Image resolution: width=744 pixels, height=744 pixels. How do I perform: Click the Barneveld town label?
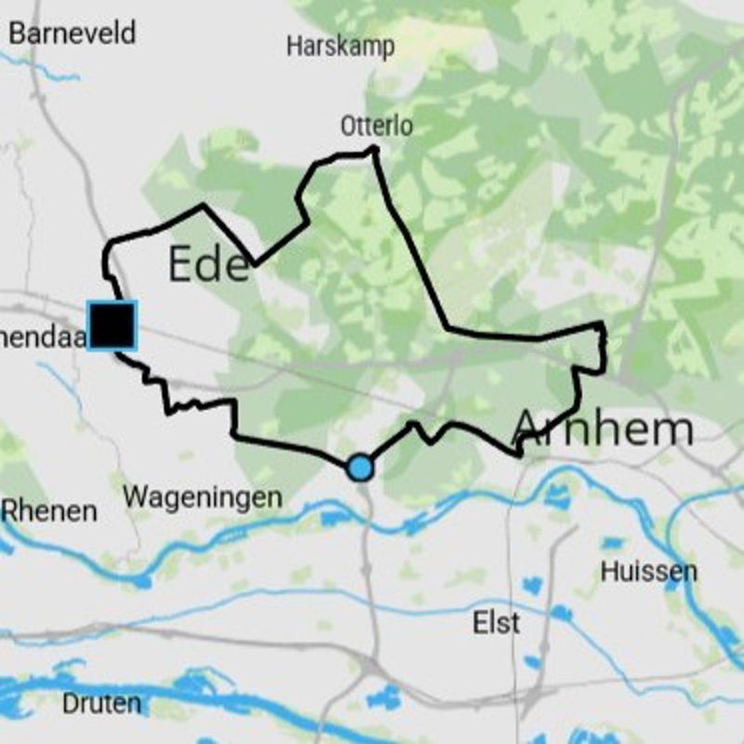coord(73,33)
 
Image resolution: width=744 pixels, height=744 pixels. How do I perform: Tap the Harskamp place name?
coord(340,46)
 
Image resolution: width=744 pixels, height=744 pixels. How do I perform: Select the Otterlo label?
coord(376,126)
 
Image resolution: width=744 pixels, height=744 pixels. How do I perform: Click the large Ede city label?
coord(208,265)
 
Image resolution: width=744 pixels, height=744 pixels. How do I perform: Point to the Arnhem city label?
coord(603,429)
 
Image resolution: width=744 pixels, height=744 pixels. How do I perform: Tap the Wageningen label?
coord(203,498)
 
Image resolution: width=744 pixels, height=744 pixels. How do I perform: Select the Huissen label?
coord(648,571)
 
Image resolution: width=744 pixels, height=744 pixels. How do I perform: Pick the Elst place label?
coord(496,623)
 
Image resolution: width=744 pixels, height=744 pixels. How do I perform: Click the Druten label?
coord(102,704)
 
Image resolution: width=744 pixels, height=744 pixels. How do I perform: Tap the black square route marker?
coord(112,325)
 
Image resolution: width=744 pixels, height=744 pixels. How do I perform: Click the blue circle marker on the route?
coord(360,467)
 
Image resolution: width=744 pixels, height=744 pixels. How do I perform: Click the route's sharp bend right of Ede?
coord(256,263)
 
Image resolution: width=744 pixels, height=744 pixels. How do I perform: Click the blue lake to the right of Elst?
coord(561,613)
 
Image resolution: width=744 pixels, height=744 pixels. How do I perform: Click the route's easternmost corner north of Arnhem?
coord(604,327)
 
